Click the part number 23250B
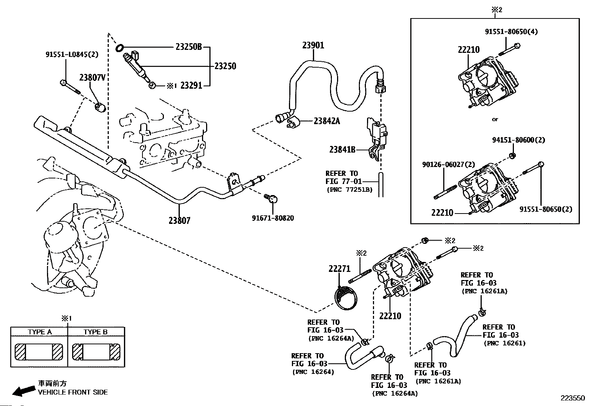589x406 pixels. click(188, 47)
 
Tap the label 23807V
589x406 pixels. click(92, 78)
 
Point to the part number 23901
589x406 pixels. click(313, 45)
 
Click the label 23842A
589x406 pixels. click(327, 121)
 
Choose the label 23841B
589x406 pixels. click(342, 150)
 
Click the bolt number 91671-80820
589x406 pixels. click(273, 218)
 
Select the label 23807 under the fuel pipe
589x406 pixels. click(179, 221)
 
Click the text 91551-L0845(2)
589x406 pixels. click(72, 54)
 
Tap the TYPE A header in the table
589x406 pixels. click(40, 332)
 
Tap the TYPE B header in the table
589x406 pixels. click(95, 332)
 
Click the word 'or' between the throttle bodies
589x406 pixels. click(495, 119)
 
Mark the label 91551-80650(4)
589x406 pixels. click(511, 31)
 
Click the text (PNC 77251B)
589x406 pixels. click(350, 190)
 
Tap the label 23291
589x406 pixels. click(191, 86)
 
